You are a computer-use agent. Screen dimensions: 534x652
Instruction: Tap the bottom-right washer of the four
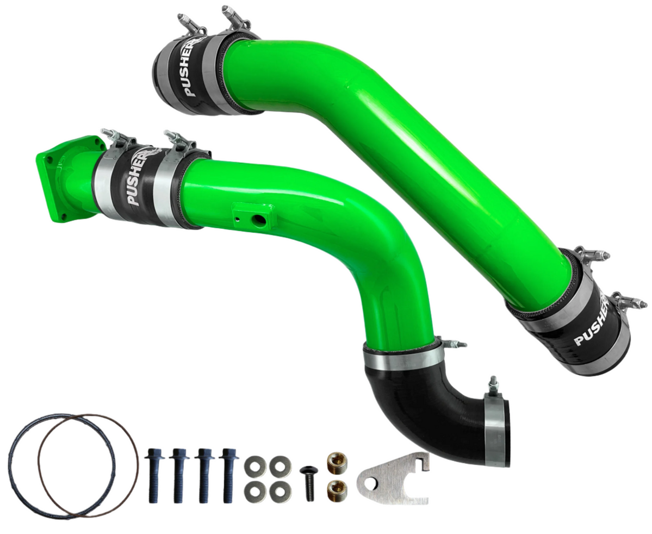tap(280, 491)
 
